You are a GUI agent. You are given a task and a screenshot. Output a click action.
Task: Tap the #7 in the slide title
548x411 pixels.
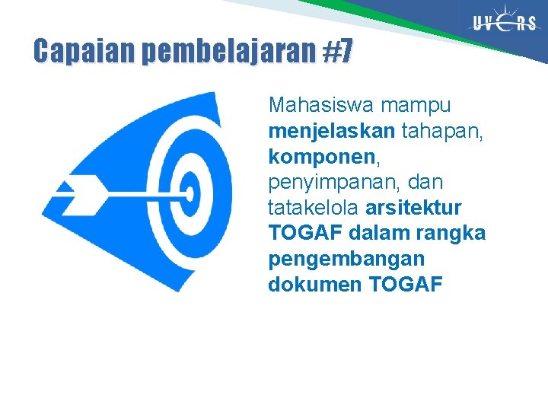338,52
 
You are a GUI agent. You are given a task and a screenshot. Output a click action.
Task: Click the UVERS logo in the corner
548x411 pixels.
505,23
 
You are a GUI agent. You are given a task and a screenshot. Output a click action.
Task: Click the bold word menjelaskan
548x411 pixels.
331,131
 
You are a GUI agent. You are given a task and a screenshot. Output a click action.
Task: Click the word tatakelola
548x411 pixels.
314,208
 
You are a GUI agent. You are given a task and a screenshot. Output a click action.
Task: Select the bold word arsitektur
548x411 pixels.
414,208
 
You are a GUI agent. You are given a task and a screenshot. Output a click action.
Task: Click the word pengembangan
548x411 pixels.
345,260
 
